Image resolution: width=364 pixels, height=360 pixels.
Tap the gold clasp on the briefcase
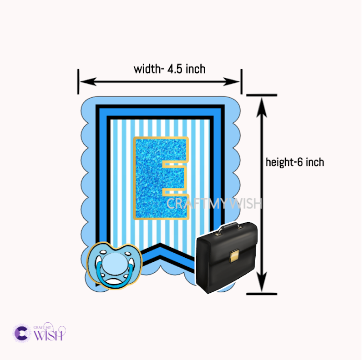(234, 256)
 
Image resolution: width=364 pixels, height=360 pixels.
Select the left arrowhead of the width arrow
(88, 82)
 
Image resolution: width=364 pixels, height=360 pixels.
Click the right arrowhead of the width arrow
(231, 82)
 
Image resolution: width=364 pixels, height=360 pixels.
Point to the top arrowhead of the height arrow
(262, 107)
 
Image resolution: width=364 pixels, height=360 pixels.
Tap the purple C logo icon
(21, 333)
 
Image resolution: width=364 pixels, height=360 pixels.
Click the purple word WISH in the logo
(49, 335)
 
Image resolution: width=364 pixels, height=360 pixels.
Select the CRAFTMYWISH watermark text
(214, 204)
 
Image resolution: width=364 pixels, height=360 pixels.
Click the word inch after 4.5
(196, 69)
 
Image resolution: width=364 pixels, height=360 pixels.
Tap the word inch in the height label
(315, 162)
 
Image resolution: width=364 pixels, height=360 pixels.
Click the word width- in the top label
(147, 69)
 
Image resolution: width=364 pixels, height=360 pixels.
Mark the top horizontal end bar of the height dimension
(262, 95)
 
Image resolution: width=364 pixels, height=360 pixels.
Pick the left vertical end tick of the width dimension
(78, 82)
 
